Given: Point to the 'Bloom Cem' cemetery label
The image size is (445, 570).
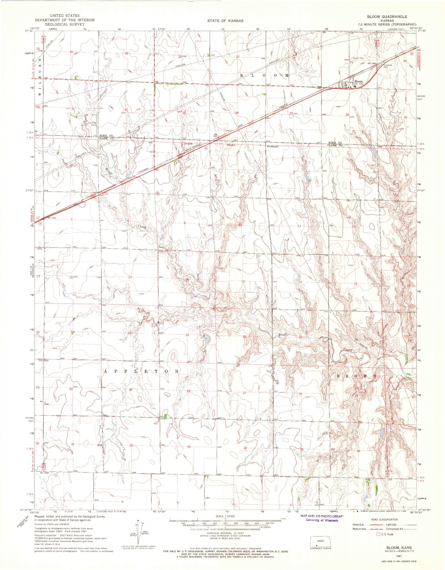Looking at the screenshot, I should point(358,58).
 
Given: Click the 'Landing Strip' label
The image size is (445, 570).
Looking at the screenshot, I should point(92,124).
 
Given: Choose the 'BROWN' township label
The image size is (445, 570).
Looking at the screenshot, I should point(357,376).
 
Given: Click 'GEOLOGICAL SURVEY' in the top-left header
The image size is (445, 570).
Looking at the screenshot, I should point(65,24).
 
